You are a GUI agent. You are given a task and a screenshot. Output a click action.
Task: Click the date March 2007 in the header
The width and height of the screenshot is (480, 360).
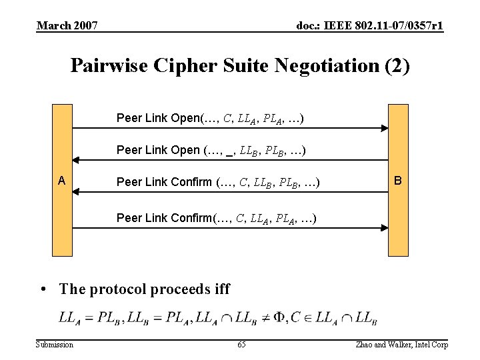(x=67, y=26)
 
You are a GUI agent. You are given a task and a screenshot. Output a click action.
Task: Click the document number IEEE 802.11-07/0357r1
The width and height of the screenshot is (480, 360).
(x=369, y=26)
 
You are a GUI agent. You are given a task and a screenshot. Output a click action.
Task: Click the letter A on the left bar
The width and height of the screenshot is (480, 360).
(x=61, y=181)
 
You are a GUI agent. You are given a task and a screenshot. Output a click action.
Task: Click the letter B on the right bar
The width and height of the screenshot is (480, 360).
(x=398, y=181)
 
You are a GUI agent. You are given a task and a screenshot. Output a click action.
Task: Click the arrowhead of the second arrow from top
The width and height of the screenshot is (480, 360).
(x=76, y=160)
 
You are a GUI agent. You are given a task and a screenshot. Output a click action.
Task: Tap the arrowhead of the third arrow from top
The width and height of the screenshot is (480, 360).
(x=76, y=191)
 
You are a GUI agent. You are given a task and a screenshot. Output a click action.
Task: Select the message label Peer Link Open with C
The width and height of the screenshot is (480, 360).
(x=211, y=119)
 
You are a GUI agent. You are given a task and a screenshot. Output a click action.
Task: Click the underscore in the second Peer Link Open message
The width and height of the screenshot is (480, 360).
(x=229, y=151)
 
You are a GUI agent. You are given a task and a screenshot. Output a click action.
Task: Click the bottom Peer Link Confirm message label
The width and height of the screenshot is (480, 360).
(x=216, y=218)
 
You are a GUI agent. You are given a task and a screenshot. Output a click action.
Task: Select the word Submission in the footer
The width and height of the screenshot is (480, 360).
(x=55, y=344)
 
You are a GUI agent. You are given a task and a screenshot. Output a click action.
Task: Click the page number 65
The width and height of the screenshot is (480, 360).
(x=241, y=344)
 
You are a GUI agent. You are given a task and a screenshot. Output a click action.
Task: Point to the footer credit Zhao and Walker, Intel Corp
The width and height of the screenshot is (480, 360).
(x=402, y=344)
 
